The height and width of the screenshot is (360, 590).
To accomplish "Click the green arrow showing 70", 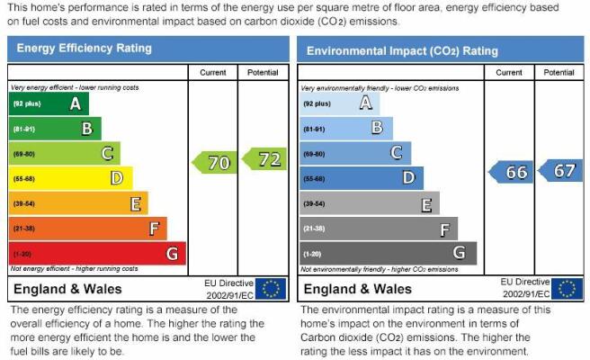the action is click(214, 163).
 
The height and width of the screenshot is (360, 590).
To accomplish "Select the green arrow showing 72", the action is click(264, 159).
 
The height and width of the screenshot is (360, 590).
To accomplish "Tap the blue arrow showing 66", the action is click(511, 172).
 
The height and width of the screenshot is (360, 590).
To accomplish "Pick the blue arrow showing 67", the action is click(560, 171).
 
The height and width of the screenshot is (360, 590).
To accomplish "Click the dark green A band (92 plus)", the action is click(49, 103).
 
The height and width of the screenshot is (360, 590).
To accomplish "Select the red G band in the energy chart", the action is click(97, 254).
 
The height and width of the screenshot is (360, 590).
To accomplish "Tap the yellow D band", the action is click(71, 178).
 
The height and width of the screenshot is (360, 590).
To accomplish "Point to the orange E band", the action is click(78, 203).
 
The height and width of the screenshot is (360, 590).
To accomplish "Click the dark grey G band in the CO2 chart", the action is click(389, 254).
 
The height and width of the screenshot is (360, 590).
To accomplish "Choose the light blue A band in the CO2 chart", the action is click(340, 103).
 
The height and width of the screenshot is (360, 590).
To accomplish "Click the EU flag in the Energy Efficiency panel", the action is click(271, 289).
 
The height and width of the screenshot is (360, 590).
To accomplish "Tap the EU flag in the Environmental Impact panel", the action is click(567, 289).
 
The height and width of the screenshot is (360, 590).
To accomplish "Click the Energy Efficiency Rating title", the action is click(85, 49).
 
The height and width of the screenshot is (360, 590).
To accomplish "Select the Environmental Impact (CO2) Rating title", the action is click(402, 50).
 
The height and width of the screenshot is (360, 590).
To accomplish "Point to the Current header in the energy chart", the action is click(213, 73).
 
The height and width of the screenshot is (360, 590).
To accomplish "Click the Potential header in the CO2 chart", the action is click(559, 73).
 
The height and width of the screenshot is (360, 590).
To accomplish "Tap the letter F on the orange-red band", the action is click(155, 229).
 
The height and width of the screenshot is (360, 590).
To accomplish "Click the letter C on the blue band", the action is click(397, 153).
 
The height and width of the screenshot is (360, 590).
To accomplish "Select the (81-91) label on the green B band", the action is click(24, 130).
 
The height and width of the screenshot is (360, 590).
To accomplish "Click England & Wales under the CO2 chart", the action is click(357, 289).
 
